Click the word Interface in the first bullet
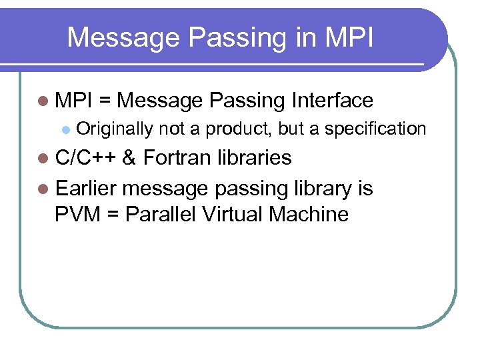(x=332, y=101)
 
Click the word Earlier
(x=86, y=189)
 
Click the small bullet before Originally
(x=64, y=129)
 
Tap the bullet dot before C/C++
(x=43, y=159)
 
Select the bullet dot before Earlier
(x=43, y=189)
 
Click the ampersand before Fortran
(x=130, y=158)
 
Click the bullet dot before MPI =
(x=43, y=101)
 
